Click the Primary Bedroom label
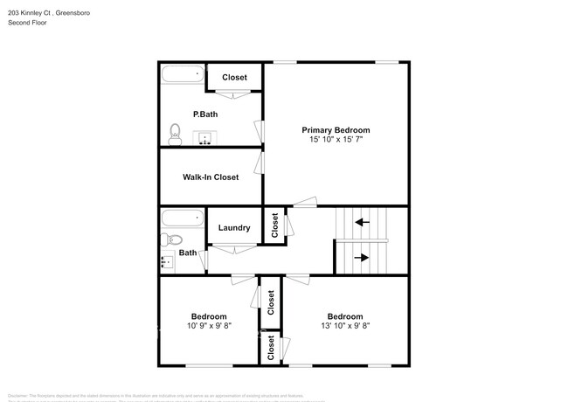(336, 129)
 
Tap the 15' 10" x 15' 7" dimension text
(336, 140)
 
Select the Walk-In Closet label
(210, 177)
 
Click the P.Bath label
(204, 114)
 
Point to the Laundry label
(234, 228)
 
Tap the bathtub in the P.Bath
(182, 75)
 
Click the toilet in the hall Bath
(171, 239)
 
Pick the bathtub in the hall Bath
(182, 218)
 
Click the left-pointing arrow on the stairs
(362, 222)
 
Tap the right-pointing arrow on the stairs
(362, 257)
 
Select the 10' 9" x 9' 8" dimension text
(209, 327)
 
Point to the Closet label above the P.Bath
(234, 77)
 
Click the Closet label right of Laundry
(274, 226)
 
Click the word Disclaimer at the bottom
(19, 395)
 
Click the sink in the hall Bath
(167, 260)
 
